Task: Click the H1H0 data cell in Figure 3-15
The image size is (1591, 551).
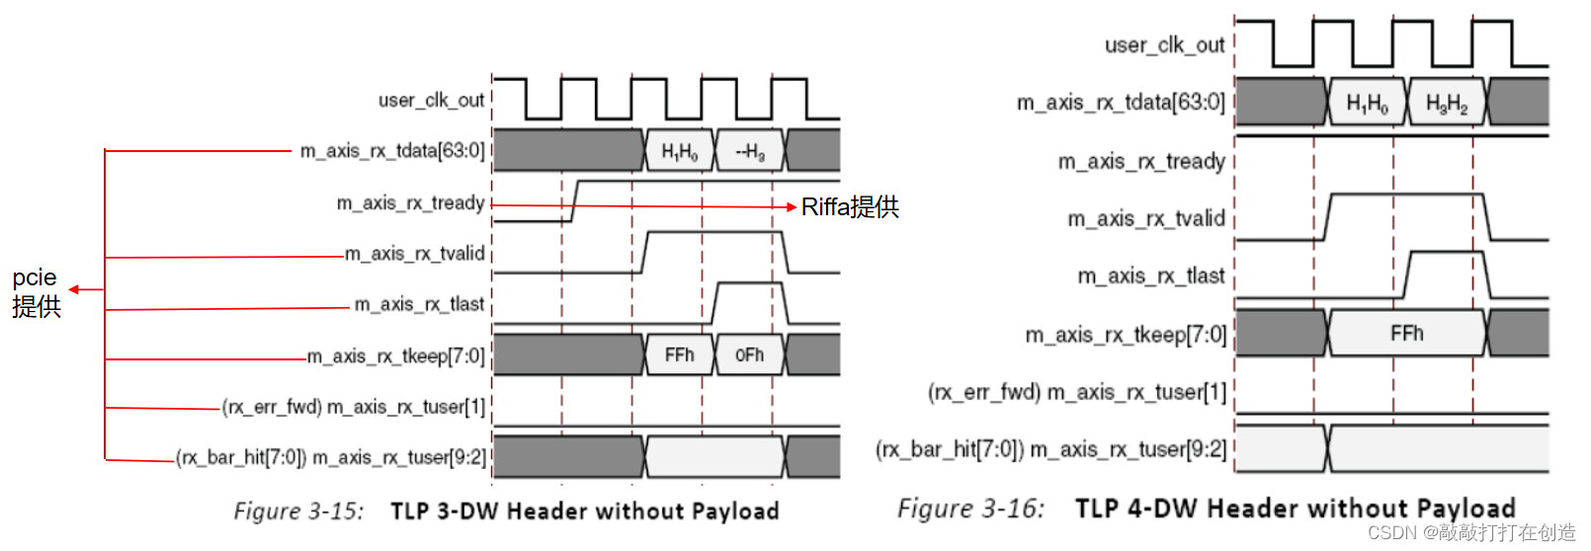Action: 679,151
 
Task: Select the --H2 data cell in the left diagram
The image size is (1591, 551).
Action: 749,151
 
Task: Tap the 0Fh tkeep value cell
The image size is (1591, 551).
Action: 749,354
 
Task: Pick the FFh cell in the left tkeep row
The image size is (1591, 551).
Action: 679,354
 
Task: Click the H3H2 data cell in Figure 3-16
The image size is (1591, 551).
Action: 1447,103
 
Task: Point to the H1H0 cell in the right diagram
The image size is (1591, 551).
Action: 1367,103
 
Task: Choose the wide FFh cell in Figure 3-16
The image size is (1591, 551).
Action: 1406,333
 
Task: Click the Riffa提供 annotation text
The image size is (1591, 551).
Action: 850,206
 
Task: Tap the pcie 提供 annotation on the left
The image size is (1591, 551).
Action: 37,291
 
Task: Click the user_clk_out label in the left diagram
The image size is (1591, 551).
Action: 431,100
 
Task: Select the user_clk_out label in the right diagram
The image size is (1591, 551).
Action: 1164,44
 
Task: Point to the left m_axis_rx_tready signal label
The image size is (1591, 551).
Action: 410,202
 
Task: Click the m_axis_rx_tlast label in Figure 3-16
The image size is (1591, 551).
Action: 1150,275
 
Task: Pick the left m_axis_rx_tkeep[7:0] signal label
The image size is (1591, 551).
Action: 395,355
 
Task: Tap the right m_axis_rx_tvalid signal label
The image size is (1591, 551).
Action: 1145,218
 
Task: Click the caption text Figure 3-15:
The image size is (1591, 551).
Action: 298,511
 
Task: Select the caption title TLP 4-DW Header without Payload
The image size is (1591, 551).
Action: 1295,509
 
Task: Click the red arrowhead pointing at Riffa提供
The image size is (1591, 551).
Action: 791,207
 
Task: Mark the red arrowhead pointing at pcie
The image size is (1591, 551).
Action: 73,289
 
